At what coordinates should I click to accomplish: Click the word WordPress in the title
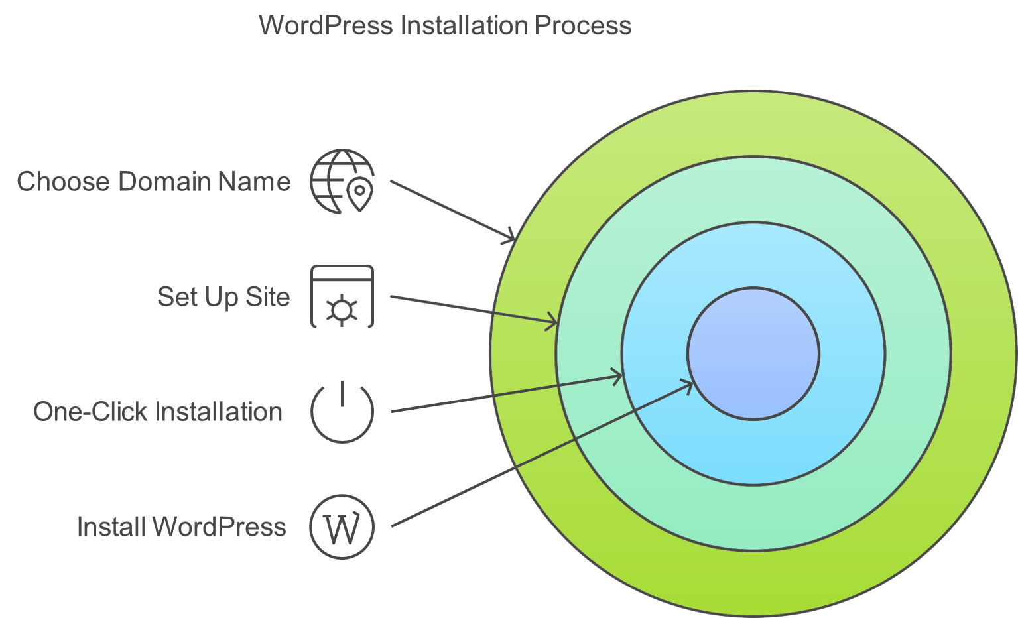(x=326, y=25)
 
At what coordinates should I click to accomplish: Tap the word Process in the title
(x=583, y=25)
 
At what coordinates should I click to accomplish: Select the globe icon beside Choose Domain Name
(x=342, y=181)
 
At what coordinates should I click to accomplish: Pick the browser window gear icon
(x=342, y=296)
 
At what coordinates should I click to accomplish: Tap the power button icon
(x=342, y=411)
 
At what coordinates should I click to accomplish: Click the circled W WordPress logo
(x=342, y=526)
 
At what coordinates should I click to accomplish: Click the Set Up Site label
(x=223, y=297)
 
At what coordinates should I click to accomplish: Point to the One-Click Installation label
(x=158, y=412)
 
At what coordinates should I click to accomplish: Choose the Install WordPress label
(x=181, y=526)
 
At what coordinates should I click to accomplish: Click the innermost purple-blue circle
(x=753, y=353)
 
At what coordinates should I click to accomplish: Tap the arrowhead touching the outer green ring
(x=509, y=236)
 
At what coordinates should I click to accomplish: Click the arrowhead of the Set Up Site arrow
(x=552, y=322)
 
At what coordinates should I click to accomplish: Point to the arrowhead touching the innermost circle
(x=687, y=386)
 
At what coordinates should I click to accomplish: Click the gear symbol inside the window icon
(x=342, y=310)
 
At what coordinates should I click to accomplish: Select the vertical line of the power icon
(x=342, y=393)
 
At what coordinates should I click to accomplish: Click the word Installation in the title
(x=464, y=25)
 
